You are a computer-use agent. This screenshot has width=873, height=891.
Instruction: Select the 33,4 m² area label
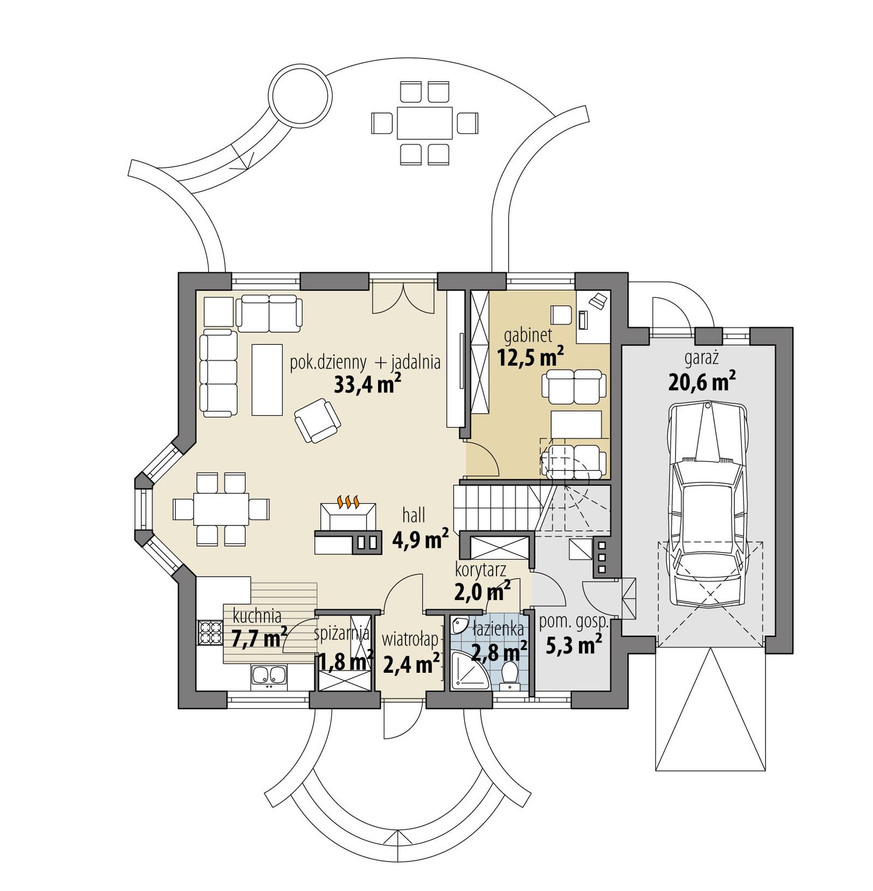pos(368,385)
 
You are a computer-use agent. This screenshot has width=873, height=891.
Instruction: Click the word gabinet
pos(528,334)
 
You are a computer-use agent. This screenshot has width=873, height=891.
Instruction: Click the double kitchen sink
pos(268,674)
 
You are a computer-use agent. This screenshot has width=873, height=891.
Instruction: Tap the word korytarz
pos(480,570)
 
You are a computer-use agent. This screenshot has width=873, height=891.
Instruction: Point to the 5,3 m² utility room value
pos(573,647)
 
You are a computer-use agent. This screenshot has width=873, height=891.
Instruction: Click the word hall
pos(413,516)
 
